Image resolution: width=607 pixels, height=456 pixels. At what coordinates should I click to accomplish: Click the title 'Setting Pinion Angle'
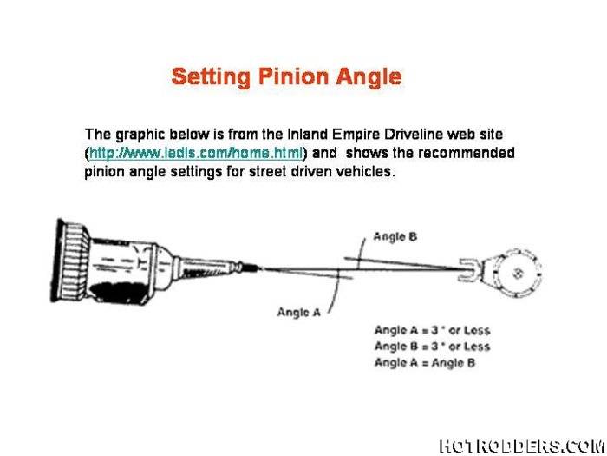[x=286, y=76]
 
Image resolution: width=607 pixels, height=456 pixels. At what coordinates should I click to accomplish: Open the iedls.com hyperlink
[x=196, y=153]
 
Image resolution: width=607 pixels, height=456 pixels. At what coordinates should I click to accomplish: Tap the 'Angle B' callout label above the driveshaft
[x=395, y=235]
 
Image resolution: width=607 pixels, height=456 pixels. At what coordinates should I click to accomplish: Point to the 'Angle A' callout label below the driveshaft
[x=297, y=312]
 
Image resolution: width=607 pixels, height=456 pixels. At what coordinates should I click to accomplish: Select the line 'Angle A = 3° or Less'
[x=432, y=330]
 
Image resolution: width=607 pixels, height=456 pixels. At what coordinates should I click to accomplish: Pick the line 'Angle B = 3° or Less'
[x=432, y=347]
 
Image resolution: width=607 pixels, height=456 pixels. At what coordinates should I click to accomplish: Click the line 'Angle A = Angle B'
[x=424, y=362]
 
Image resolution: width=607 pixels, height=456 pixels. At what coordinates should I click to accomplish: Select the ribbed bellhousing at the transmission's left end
[x=69, y=261]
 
